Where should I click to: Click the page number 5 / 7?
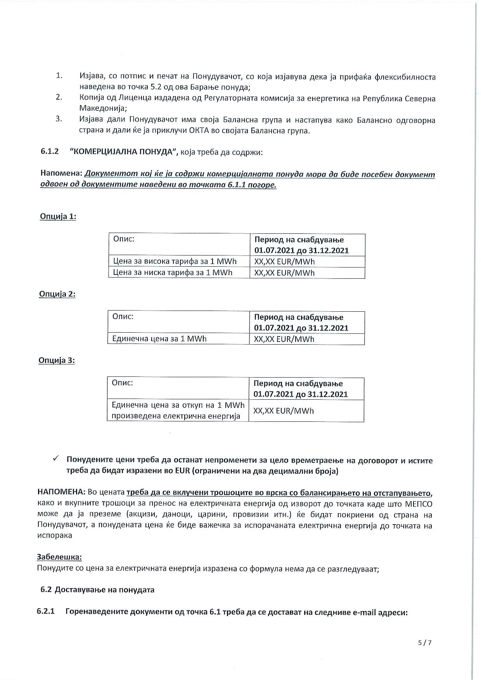(x=425, y=642)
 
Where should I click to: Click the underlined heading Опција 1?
(x=58, y=216)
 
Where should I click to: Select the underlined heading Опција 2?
(x=57, y=294)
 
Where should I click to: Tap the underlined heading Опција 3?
(x=56, y=360)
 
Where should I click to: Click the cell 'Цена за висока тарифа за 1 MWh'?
(x=175, y=261)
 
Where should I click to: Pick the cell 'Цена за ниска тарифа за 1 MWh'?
(x=173, y=273)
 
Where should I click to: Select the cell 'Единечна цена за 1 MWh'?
(x=159, y=339)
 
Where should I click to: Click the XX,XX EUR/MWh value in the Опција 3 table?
(x=284, y=411)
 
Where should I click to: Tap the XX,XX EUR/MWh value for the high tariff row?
(x=284, y=262)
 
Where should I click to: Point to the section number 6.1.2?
(x=50, y=151)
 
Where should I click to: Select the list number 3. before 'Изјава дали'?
(x=59, y=119)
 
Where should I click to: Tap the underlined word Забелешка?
(x=59, y=557)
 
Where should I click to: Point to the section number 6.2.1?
(x=46, y=611)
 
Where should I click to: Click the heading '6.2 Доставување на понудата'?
(x=97, y=590)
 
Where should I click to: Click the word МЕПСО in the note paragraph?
(x=419, y=504)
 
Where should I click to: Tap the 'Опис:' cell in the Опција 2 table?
(x=123, y=316)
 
